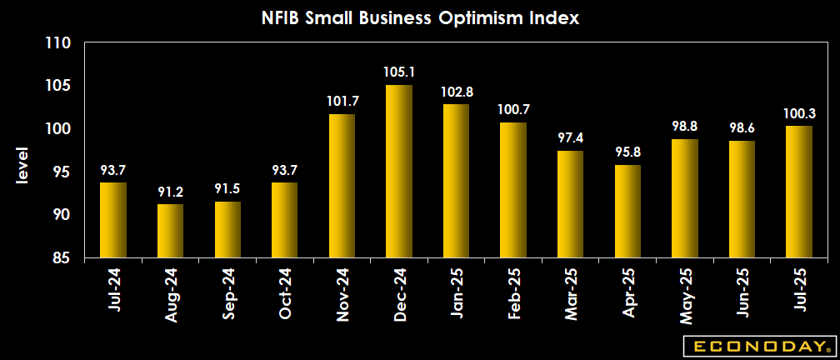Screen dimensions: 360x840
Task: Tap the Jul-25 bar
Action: click(x=799, y=192)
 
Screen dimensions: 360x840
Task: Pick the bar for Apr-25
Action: click(x=627, y=212)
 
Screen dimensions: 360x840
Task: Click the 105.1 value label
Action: click(x=399, y=73)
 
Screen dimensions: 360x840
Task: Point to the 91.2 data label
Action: click(x=170, y=192)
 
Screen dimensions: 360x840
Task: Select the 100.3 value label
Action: click(x=799, y=113)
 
